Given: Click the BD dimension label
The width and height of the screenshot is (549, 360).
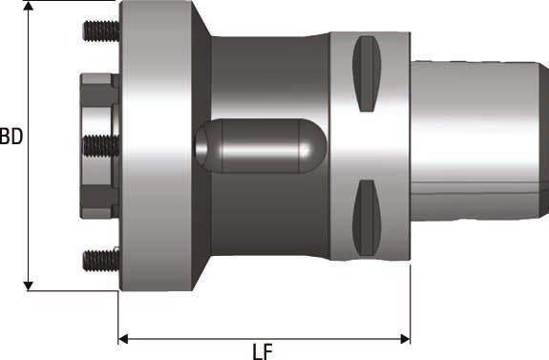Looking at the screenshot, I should click(x=11, y=137).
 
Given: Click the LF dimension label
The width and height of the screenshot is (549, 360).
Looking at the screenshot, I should click(x=263, y=350).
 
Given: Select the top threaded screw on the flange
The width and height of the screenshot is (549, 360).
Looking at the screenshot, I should click(x=98, y=32).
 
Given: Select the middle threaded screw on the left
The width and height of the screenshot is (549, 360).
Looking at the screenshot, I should click(x=98, y=145).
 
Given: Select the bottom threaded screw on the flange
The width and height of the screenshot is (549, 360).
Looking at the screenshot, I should click(x=98, y=258).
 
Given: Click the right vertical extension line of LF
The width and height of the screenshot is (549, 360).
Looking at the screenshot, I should click(x=410, y=306).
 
